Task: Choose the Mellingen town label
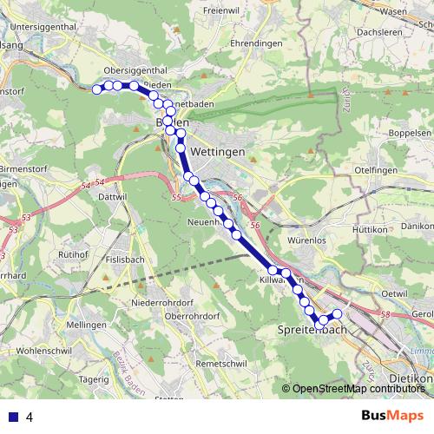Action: tap(85, 324)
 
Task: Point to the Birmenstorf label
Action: tap(22, 159)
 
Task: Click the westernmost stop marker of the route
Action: tap(97, 89)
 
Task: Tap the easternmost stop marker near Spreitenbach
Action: tap(338, 313)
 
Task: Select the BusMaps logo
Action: tap(392, 417)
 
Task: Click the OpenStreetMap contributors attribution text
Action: tap(359, 388)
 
